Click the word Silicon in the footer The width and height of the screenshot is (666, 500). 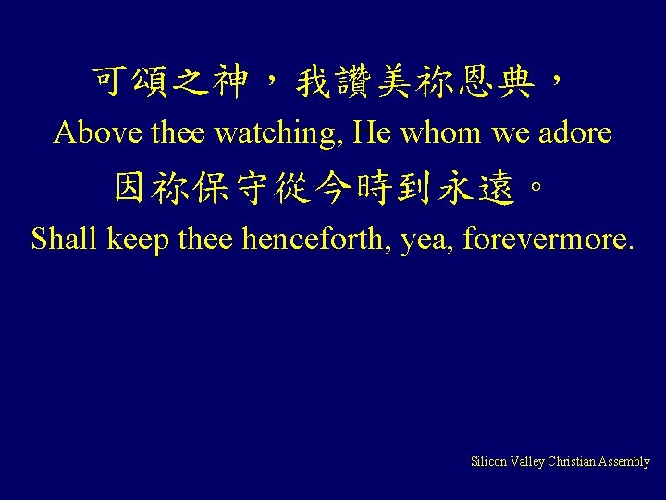pos(488,461)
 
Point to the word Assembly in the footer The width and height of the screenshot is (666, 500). pos(624,461)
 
